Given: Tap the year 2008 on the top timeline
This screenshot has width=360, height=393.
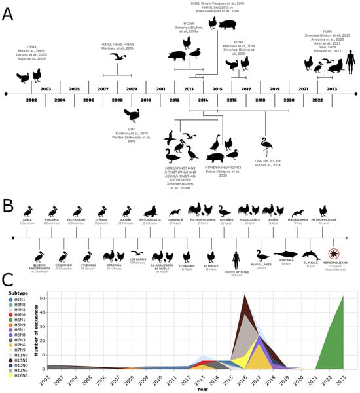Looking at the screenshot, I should pos(117,100).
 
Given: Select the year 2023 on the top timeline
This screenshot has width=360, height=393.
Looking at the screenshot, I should pos(332,88).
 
